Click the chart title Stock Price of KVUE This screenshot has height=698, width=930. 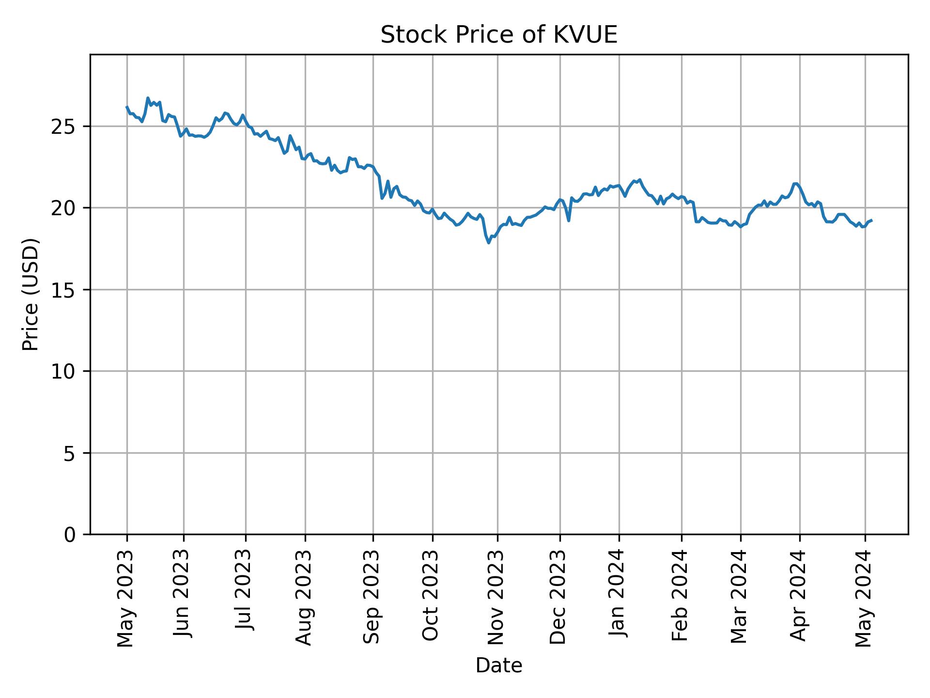pyautogui.click(x=498, y=35)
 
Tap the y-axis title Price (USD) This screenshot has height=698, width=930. pyautogui.click(x=31, y=294)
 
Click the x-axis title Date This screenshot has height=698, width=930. pyautogui.click(x=498, y=666)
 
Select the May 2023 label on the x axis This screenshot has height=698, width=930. pyautogui.click(x=126, y=598)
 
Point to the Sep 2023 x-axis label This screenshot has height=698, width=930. pyautogui.click(x=372, y=597)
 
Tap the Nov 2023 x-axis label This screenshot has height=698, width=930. pyautogui.click(x=496, y=597)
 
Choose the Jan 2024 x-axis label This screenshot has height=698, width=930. pyautogui.click(x=618, y=595)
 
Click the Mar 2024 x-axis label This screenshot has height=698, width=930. pyautogui.click(x=740, y=596)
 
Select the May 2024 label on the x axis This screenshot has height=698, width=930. pyautogui.click(x=864, y=598)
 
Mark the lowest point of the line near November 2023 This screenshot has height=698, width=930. pyautogui.click(x=489, y=243)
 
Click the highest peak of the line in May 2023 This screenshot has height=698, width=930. pyautogui.click(x=148, y=98)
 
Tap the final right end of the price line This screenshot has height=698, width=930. pyautogui.click(x=871, y=221)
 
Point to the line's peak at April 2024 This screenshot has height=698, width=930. pyautogui.click(x=795, y=183)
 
